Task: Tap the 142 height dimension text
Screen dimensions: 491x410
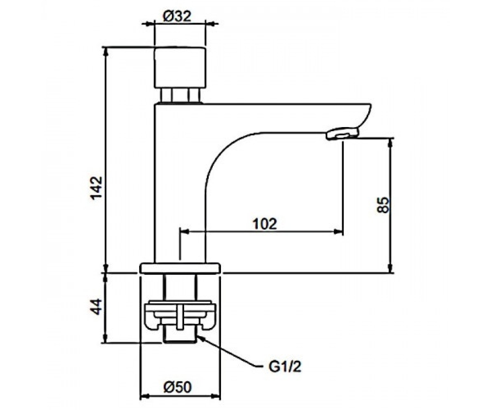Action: tap(97, 188)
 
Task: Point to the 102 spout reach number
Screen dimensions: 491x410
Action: tap(265, 224)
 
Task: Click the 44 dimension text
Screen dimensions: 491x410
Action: tap(97, 307)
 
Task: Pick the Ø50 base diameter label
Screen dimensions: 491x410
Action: tap(178, 387)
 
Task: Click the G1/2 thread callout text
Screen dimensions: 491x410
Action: tap(285, 367)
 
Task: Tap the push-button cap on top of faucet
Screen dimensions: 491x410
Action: tap(180, 68)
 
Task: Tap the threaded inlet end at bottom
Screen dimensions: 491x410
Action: tap(180, 337)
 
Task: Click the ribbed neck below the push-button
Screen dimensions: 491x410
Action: tap(180, 95)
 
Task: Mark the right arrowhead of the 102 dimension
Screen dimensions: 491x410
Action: tap(339, 232)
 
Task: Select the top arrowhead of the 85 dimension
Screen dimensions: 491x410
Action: tap(390, 143)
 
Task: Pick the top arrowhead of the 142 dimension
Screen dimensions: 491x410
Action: tap(106, 52)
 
